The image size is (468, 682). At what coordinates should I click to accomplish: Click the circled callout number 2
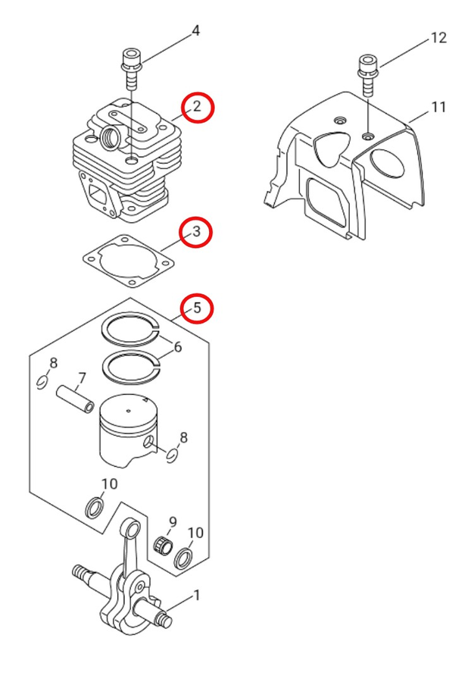(197, 107)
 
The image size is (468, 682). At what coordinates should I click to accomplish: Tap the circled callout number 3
(196, 232)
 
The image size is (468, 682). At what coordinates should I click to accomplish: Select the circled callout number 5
(196, 308)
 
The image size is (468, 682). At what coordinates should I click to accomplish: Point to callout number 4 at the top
(195, 31)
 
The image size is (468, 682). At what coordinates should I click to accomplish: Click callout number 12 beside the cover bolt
(438, 38)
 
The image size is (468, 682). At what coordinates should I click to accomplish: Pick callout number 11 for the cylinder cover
(438, 108)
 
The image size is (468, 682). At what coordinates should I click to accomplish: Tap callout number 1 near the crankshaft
(197, 596)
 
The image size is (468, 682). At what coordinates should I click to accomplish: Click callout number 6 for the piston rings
(178, 348)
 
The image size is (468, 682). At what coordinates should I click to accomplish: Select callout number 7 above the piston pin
(82, 378)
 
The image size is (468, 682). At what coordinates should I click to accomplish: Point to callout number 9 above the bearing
(173, 522)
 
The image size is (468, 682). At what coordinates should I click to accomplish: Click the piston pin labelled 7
(76, 399)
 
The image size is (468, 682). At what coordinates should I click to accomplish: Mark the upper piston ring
(129, 327)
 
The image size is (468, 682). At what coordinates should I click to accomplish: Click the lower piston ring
(129, 367)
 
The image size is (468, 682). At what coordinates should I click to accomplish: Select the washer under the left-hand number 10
(95, 507)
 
